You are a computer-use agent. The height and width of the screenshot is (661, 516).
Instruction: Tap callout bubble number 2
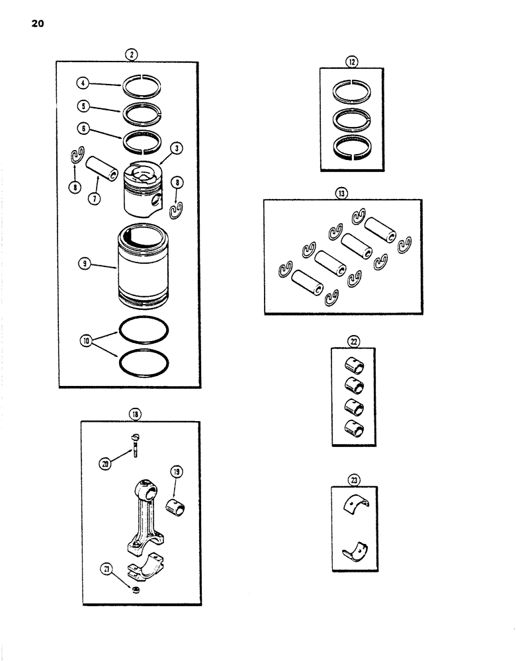(x=133, y=55)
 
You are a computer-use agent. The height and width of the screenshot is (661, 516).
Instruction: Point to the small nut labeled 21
(x=135, y=589)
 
